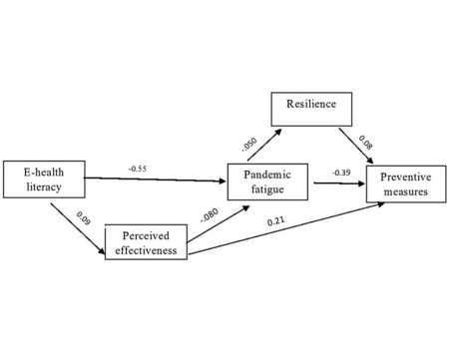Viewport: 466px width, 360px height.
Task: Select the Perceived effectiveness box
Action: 148,243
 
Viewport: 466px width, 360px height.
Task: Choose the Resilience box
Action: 308,104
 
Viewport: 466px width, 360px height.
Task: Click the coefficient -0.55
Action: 139,168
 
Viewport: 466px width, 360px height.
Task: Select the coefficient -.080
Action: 209,216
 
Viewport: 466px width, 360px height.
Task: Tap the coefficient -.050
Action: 249,146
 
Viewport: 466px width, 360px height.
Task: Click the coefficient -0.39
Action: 340,173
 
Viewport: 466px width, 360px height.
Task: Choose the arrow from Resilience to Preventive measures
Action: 357,149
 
